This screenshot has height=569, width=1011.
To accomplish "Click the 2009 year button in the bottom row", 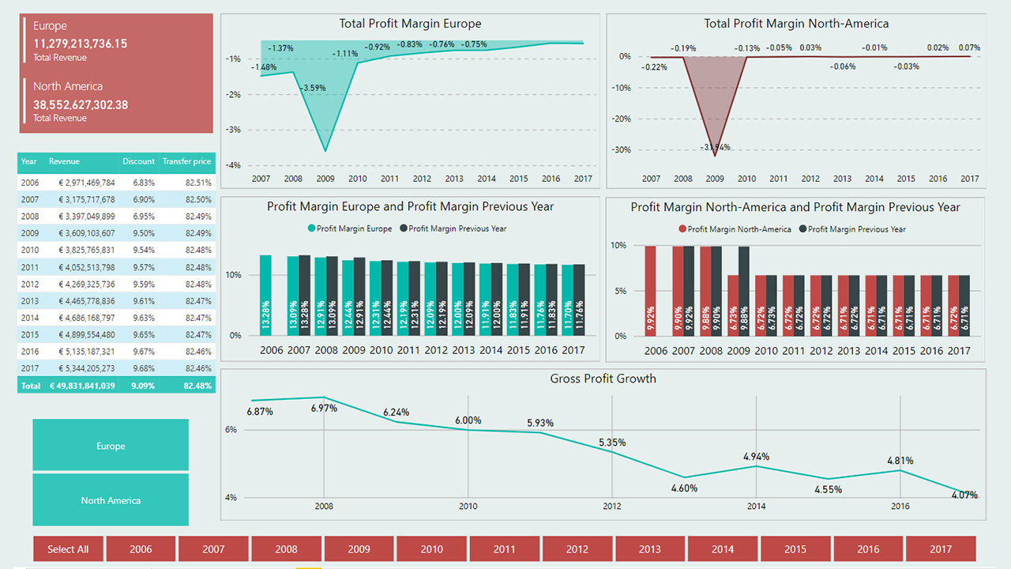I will coord(359,549).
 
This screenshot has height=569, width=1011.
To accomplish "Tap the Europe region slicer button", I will coord(111,446).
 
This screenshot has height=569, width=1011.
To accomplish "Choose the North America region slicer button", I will coord(111,500).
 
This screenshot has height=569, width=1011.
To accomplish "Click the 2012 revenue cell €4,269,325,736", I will coord(82,284).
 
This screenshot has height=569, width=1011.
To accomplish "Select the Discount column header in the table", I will coord(138,161).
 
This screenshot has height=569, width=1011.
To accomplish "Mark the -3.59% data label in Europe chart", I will coord(314,88).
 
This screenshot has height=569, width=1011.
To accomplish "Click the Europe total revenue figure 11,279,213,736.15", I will coord(80,44).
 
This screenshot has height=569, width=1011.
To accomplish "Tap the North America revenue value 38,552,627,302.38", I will coord(80,104).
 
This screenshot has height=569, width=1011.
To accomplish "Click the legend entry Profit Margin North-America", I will coord(739,229).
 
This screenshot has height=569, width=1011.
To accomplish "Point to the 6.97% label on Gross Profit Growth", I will coord(324,409).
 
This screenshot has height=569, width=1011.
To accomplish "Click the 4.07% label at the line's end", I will coord(964,496).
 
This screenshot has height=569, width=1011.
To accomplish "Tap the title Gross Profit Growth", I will coord(603,379).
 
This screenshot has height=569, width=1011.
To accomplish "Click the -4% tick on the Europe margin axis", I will coord(233,165).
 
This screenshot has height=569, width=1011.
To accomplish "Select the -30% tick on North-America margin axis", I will coord(623,149).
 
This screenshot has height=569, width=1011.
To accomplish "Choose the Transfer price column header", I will coord(186,161).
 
